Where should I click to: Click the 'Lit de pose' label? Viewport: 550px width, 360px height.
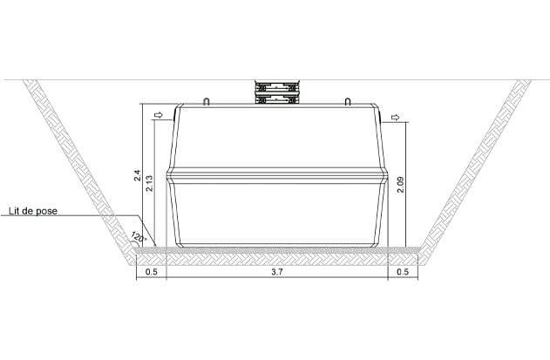tap(33, 211)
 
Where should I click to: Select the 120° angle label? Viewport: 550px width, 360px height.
tap(139, 237)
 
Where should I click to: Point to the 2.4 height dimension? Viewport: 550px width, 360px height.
tap(138, 175)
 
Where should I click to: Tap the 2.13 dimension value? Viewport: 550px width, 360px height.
tap(149, 183)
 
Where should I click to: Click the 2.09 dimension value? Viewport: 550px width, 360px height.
tap(400, 185)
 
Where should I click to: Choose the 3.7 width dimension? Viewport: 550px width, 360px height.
tap(277, 272)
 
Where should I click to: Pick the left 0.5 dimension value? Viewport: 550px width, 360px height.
tap(151, 272)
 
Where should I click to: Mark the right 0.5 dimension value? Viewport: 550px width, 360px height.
tap(403, 272)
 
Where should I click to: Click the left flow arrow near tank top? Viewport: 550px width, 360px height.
tap(159, 115)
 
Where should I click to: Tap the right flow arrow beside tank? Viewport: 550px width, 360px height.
tap(396, 117)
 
